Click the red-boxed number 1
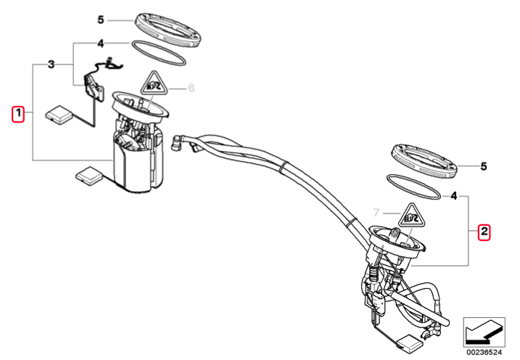coord(18,114)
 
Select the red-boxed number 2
coord(484,232)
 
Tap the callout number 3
coord(51,65)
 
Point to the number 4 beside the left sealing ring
coord(101,44)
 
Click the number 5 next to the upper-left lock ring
coord(101,20)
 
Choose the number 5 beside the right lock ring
coord(484,166)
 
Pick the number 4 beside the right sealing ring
coord(454,196)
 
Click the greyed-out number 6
coord(191,89)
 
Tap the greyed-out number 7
coord(376,213)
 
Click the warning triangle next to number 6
coord(153,83)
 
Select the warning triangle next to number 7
coord(412,216)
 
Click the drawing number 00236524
coord(484,352)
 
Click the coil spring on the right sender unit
coord(374,273)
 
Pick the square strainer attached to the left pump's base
coord(90,176)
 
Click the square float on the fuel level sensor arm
coord(59,115)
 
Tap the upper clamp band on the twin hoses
coord(284,167)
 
